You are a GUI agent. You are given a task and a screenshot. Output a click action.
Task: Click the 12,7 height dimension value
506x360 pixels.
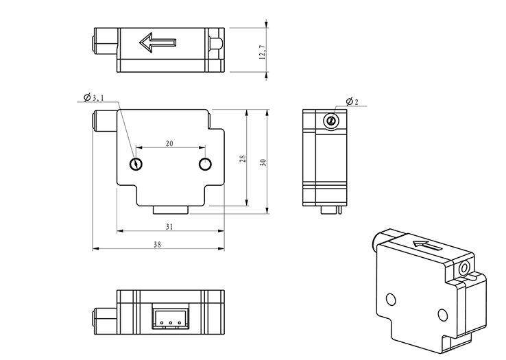click(x=262, y=52)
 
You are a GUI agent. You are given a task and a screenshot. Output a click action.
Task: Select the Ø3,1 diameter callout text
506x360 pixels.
click(x=94, y=98)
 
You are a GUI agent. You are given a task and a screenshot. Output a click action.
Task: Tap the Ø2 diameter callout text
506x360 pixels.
click(x=352, y=101)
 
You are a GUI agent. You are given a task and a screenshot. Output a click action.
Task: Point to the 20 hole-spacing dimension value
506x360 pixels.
click(x=169, y=143)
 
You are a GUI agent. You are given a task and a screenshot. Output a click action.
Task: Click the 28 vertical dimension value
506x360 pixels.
click(x=243, y=158)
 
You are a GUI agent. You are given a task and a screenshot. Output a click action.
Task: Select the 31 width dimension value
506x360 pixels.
click(x=169, y=226)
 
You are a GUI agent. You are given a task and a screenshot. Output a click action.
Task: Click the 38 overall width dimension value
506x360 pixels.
click(x=157, y=244)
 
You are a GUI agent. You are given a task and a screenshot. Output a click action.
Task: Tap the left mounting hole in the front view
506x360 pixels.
click(x=136, y=163)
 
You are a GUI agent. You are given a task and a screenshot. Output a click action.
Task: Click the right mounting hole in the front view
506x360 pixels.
click(x=204, y=163)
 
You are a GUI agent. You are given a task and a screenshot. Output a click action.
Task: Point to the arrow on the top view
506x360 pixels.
click(x=158, y=43)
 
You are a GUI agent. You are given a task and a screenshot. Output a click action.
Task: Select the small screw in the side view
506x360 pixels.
click(x=331, y=121)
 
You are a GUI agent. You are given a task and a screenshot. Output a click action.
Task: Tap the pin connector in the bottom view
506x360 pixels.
click(x=168, y=317)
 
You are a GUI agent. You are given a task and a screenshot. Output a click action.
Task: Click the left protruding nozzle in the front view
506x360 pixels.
click(x=105, y=122)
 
